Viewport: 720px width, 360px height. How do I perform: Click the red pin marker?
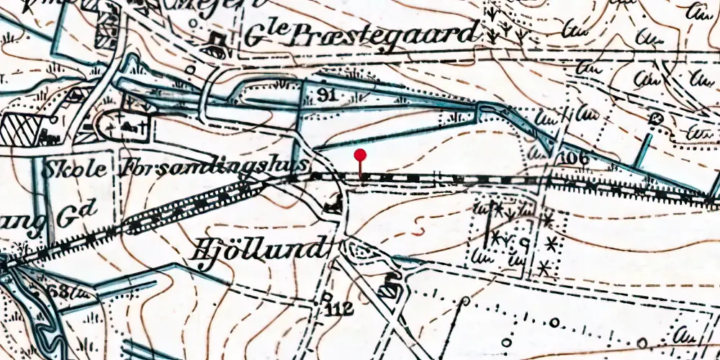tap(361, 155)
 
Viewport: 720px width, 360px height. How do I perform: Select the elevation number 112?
tap(338, 310)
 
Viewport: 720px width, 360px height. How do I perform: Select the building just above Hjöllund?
tap(333, 205)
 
